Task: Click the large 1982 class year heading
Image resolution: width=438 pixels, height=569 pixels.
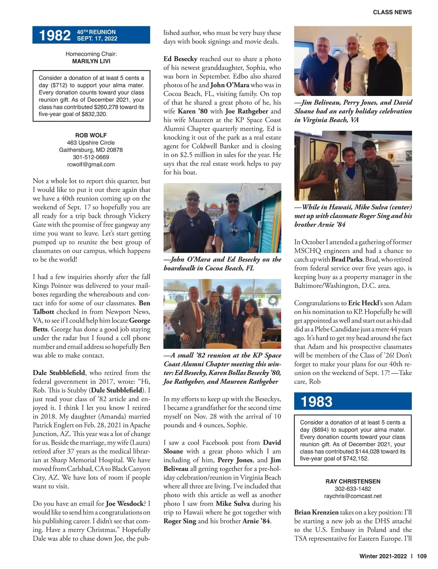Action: tap(55, 35)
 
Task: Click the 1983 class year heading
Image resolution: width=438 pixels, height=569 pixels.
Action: tap(316, 401)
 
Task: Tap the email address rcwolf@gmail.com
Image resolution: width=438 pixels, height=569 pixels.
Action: tap(91, 164)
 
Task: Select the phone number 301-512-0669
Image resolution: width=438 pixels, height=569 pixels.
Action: tap(91, 157)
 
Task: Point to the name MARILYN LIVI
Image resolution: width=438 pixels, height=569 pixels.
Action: tap(91, 61)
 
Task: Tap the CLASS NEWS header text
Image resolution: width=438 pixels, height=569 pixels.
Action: tap(392, 12)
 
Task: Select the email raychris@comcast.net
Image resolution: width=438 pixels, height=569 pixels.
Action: tap(353, 496)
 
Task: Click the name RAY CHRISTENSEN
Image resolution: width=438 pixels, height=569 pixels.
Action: tap(353, 481)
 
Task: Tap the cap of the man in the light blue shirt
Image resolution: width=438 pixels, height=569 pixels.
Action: tap(232, 198)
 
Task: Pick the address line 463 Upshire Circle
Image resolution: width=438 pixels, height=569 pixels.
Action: tap(91, 142)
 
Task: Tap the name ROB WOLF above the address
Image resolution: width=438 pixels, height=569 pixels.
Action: tap(91, 135)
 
